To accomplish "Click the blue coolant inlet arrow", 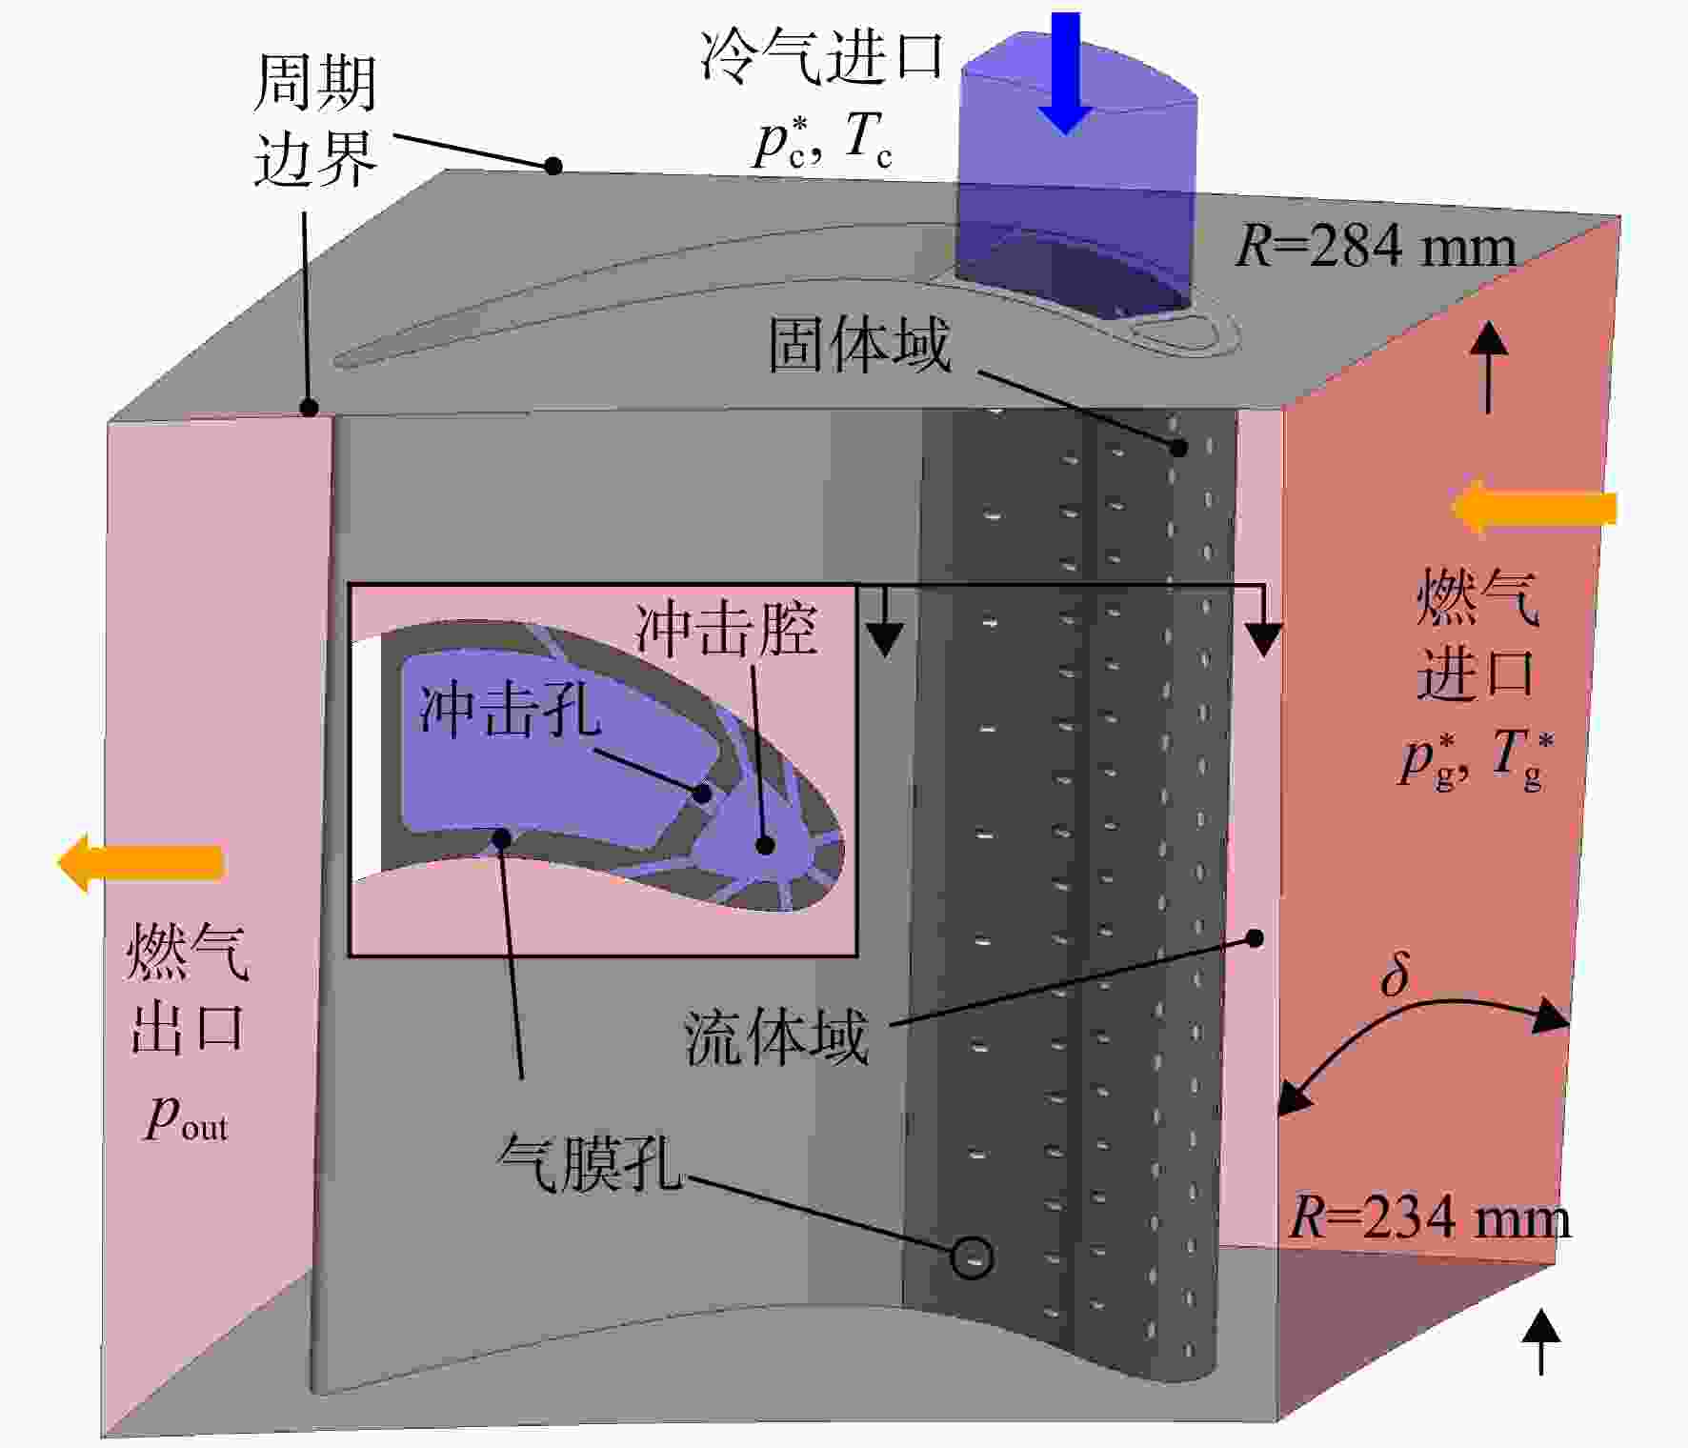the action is tap(1065, 71).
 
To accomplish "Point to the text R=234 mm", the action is tap(1430, 1217).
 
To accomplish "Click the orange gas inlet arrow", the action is tap(1534, 508).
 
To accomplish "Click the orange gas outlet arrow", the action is tap(141, 862).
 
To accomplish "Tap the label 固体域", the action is tap(860, 344).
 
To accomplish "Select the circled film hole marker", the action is tap(972, 1257).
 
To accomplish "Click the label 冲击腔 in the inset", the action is tap(726, 630).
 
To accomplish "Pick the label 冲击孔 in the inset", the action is tap(511, 709).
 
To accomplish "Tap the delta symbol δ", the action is tap(1395, 974).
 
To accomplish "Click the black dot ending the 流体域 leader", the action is tap(1256, 938).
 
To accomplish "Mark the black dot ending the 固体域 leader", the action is tap(1178, 447).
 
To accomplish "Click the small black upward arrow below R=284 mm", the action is tap(1490, 368).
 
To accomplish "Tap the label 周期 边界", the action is tap(315, 121).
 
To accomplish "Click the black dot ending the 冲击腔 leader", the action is tap(764, 844).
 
